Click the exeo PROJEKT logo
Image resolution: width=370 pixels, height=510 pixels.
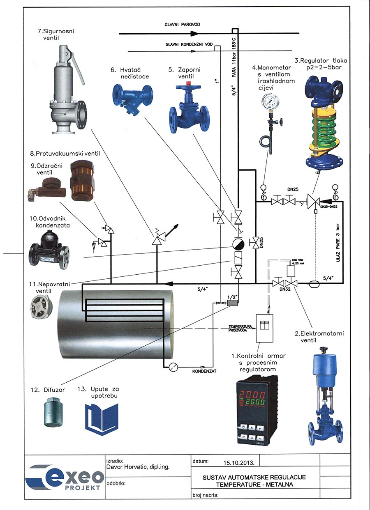pyautogui.click(x=65, y=479)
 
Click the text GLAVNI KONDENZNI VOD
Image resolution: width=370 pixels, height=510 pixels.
pyautogui.click(x=189, y=44)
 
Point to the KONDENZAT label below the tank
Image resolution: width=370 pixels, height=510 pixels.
pyautogui.click(x=204, y=371)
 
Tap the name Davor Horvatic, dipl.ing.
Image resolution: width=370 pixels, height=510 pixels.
pyautogui.click(x=138, y=467)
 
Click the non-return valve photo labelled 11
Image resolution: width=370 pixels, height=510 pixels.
pyautogui.click(x=42, y=308)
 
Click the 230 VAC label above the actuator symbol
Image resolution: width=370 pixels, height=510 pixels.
pyautogui.click(x=297, y=260)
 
